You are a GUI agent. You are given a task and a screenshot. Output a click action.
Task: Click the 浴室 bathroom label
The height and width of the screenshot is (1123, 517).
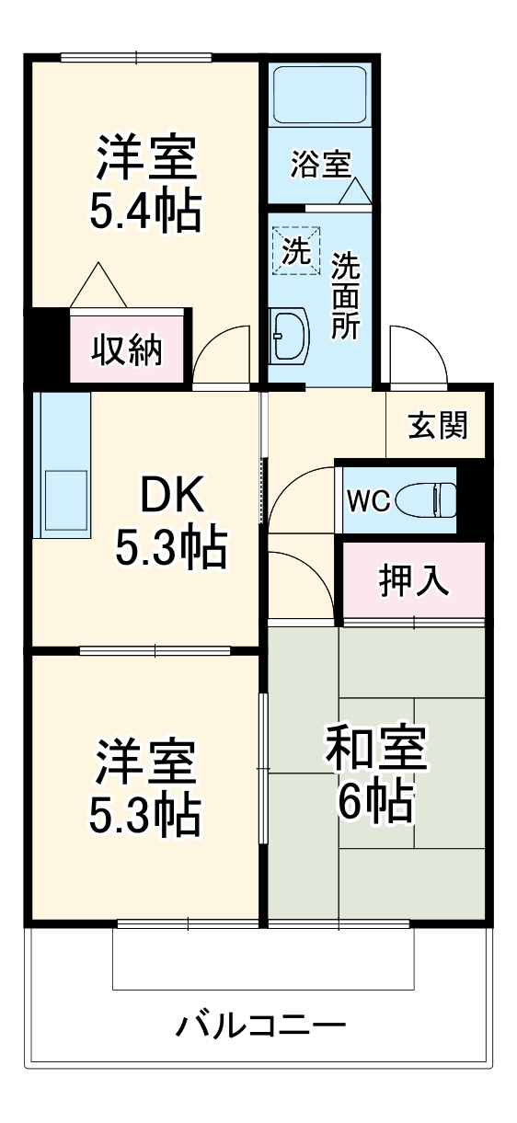coord(319,166)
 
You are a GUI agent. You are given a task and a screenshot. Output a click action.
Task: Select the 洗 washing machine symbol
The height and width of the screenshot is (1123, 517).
coord(296,250)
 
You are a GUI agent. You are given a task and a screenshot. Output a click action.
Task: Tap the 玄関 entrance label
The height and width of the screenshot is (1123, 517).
coord(438,425)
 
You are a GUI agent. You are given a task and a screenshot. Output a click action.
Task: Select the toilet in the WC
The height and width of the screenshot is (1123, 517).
coord(430,499)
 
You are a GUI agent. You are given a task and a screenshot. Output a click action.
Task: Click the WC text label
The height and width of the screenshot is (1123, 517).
coord(368,501)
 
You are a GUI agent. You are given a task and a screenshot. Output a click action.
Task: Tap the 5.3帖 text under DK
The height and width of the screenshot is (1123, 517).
coord(170,549)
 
